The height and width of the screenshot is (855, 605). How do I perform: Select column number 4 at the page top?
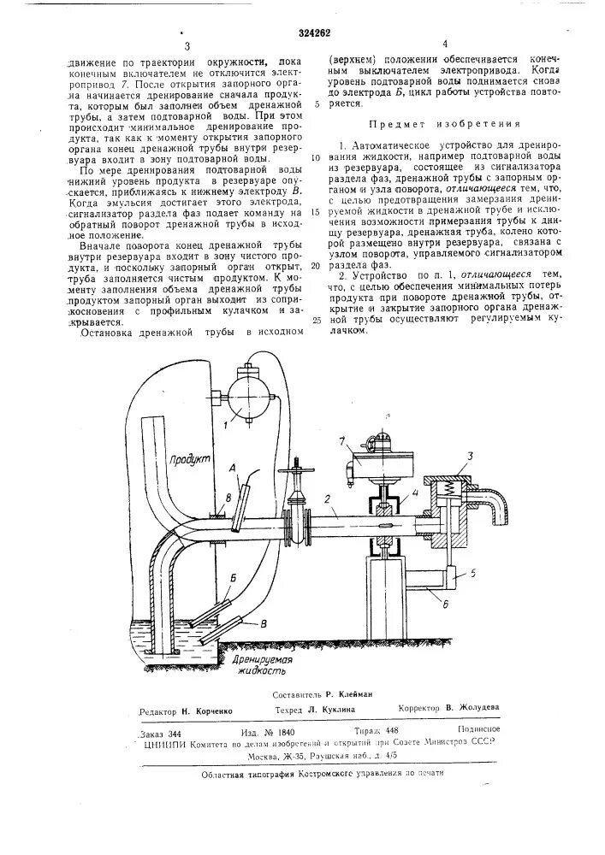[445, 44]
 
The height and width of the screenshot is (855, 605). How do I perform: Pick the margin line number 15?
[316, 210]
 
